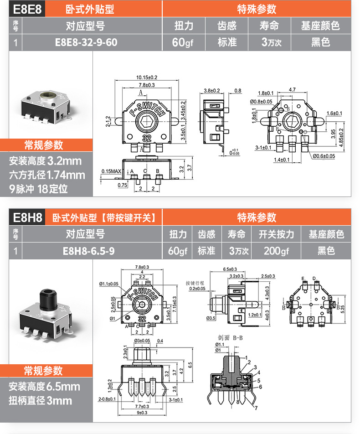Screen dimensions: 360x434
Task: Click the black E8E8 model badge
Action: (x=26, y=9)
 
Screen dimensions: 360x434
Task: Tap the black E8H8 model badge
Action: (x=26, y=218)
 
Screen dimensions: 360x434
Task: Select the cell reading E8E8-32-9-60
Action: (x=86, y=42)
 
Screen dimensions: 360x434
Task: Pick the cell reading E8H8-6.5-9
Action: (x=86, y=251)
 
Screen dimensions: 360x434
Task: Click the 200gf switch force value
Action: (x=277, y=251)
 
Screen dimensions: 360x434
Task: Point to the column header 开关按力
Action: (x=277, y=234)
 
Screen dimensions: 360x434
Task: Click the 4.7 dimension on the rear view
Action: (x=292, y=90)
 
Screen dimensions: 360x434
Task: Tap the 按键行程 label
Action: (x=195, y=282)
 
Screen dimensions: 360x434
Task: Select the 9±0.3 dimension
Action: (x=144, y=413)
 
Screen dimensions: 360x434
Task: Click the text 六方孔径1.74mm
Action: (x=47, y=175)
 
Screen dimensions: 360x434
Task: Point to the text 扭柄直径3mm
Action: (x=41, y=401)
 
